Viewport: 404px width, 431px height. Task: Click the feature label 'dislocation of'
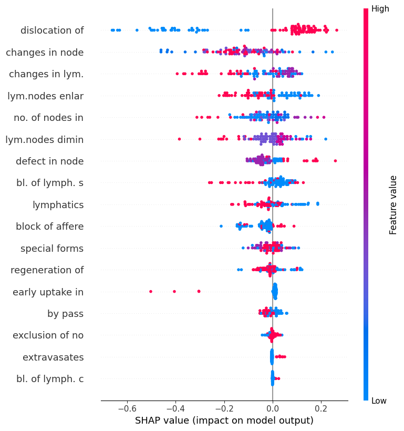click(52, 30)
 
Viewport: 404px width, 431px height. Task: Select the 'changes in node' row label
click(45, 52)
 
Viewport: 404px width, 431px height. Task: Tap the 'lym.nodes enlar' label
click(45, 96)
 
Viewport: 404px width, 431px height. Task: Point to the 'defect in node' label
click(49, 161)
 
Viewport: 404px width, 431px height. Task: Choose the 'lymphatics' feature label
click(58, 204)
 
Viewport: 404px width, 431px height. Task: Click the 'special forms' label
click(52, 248)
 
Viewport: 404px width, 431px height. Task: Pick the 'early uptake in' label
click(48, 292)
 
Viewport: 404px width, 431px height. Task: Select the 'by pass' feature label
click(65, 314)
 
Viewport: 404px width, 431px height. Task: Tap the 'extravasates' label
click(53, 357)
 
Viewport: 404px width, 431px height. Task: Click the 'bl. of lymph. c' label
click(50, 379)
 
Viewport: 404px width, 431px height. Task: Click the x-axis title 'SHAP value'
click(224, 420)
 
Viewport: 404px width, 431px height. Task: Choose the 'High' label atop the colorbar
click(380, 9)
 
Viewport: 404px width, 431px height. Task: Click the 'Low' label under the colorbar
click(379, 401)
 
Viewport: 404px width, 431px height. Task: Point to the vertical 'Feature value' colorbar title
click(393, 205)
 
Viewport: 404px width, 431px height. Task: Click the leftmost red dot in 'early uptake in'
click(151, 291)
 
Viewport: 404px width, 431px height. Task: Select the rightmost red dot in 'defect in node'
click(335, 160)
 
